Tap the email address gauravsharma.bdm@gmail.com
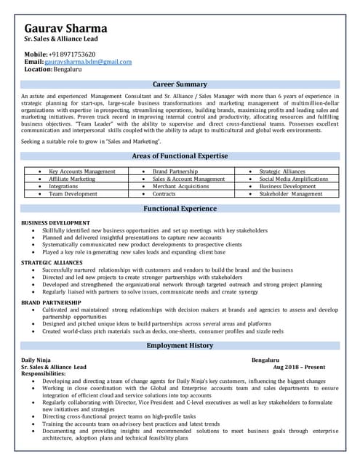click(88, 62)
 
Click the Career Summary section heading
click(180, 84)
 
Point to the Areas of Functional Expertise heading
click(180, 155)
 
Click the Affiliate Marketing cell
click(72, 179)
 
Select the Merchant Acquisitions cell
click(180, 187)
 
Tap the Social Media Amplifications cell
click(294, 179)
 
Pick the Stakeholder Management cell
click(291, 194)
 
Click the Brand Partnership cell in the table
click(175, 171)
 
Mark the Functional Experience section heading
click(180, 209)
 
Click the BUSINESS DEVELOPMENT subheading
click(55, 222)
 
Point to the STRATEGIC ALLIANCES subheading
click(52, 262)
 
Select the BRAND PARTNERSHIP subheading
click(50, 301)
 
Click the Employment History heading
click(180, 345)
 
